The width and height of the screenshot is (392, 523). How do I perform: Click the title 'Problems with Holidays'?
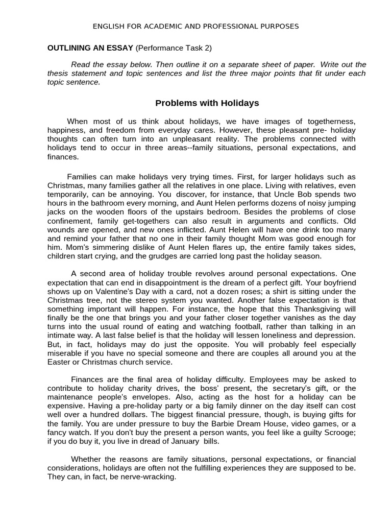coord(207,103)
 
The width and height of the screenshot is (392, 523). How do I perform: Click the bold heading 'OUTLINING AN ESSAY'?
coord(90,48)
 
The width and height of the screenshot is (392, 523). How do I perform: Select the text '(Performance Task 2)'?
coord(174,48)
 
